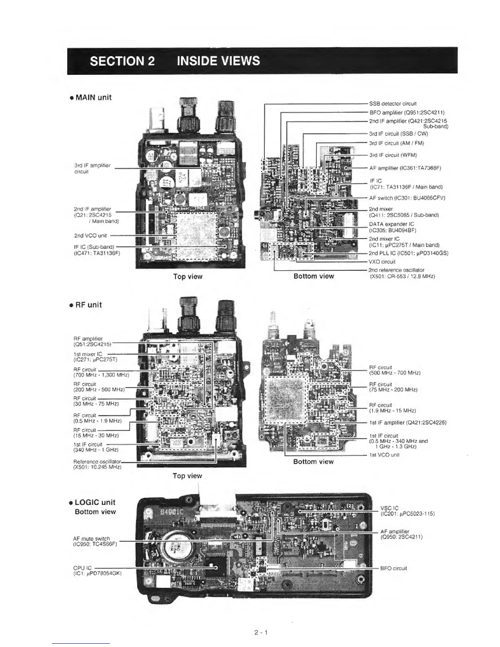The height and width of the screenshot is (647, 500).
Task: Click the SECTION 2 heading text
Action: [x=122, y=61]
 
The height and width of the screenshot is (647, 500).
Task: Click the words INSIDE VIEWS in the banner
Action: [x=218, y=61]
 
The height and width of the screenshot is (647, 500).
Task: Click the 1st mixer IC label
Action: [x=88, y=354]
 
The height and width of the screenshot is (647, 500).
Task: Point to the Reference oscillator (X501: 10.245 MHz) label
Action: [x=97, y=464]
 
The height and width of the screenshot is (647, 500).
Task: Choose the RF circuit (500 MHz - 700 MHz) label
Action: [x=395, y=370]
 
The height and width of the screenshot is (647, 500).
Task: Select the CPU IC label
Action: [x=83, y=568]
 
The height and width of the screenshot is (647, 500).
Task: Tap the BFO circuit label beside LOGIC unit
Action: [x=393, y=568]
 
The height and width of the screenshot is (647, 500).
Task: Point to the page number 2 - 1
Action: [x=260, y=633]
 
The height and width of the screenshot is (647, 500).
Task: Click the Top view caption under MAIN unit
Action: [x=187, y=277]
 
